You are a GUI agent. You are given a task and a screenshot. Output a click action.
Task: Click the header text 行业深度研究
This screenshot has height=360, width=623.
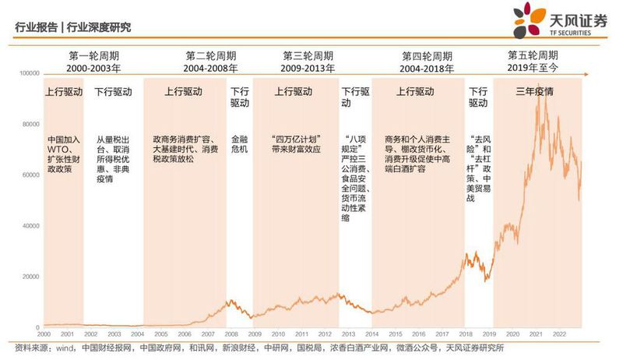(x=99, y=27)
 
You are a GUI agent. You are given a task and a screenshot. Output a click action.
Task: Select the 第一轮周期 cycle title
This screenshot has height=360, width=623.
(x=94, y=56)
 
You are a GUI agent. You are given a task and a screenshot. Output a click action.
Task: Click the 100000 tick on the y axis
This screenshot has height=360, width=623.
(x=29, y=73)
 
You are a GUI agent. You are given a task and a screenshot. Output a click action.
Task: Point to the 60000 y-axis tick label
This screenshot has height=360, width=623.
(x=31, y=175)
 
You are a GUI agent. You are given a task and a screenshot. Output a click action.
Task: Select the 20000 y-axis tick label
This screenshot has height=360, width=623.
(x=31, y=277)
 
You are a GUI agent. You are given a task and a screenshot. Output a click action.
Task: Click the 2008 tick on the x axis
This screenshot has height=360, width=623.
(x=231, y=333)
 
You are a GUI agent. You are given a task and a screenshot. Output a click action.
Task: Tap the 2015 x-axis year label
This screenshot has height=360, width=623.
(x=396, y=333)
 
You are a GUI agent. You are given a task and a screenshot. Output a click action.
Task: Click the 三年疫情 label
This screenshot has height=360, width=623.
(x=535, y=91)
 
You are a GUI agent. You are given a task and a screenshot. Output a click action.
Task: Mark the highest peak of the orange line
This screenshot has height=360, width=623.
(x=538, y=104)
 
